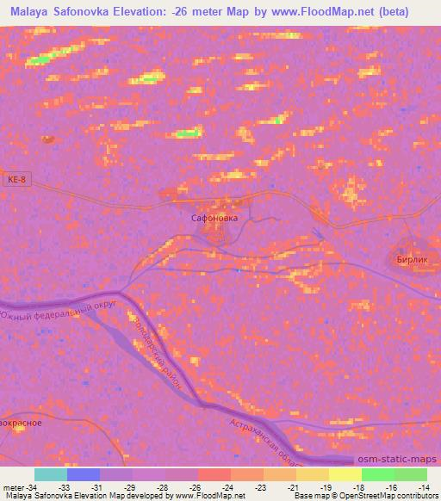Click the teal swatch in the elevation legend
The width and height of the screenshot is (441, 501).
pyautogui.click(x=51, y=474)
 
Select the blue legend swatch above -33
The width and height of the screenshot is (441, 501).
pyautogui.click(x=84, y=474)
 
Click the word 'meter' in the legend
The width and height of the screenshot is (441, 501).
pyautogui.click(x=15, y=486)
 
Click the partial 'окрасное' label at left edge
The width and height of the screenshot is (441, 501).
pyautogui.click(x=19, y=423)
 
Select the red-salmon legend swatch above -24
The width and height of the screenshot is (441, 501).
pyautogui.click(x=214, y=474)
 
